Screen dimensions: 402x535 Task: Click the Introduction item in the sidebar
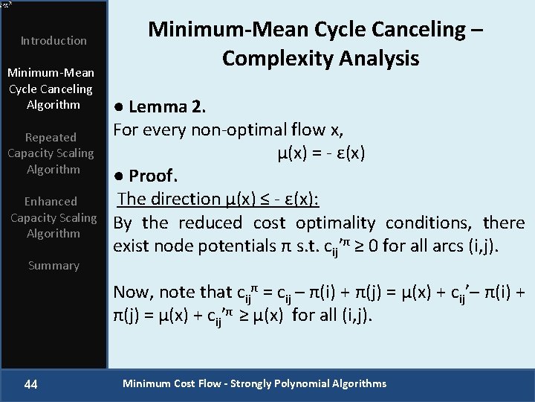click(x=53, y=40)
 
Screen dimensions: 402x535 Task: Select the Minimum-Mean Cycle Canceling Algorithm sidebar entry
click(x=51, y=89)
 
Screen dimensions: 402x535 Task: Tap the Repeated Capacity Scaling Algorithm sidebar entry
click(x=51, y=153)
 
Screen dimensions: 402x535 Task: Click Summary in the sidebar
click(x=53, y=266)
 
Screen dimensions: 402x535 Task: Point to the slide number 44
click(x=31, y=384)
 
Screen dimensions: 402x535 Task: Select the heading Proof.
click(x=146, y=176)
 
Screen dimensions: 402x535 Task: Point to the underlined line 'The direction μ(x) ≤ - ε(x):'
click(x=218, y=199)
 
